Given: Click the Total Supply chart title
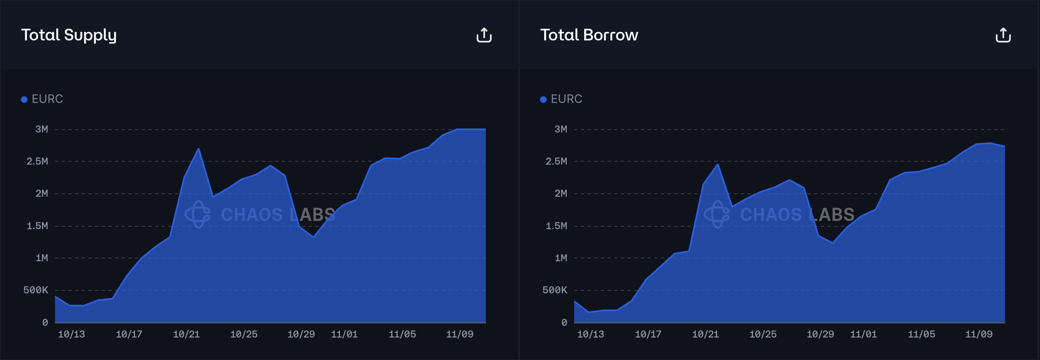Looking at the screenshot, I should tap(69, 35).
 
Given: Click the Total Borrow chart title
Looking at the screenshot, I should tap(589, 35).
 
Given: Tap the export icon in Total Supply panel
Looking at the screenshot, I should tap(484, 35).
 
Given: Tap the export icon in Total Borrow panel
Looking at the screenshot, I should tap(1003, 35).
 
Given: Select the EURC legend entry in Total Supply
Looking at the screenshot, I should tap(42, 99).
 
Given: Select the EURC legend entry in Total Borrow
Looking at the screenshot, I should tap(561, 99).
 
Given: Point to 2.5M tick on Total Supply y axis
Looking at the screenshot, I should tap(37, 161).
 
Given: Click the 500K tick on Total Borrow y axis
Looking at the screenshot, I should tap(555, 290).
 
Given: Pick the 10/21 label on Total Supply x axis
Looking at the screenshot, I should tap(186, 334).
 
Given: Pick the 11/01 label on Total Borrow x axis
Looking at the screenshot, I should tap(863, 334).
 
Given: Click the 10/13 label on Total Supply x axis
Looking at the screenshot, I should tap(71, 334).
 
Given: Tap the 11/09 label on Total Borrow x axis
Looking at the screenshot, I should tap(979, 334).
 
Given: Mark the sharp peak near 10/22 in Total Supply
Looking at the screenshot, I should tap(198, 149).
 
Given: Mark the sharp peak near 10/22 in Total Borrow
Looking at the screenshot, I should tap(717, 165).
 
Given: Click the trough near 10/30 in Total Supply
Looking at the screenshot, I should tap(313, 237).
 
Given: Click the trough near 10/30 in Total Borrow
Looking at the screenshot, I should tap(832, 242).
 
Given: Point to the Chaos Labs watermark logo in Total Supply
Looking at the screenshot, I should tap(197, 214).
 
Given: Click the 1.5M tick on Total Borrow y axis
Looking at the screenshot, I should tap(556, 226).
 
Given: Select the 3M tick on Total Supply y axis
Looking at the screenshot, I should tap(42, 129).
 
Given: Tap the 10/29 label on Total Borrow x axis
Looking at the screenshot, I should tap(820, 334).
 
